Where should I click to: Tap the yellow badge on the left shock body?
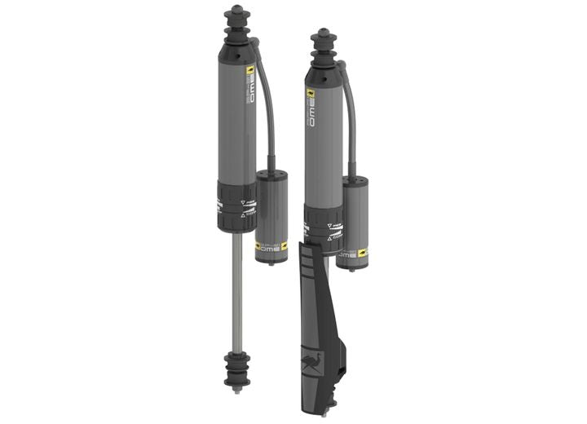[x=250, y=71]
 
